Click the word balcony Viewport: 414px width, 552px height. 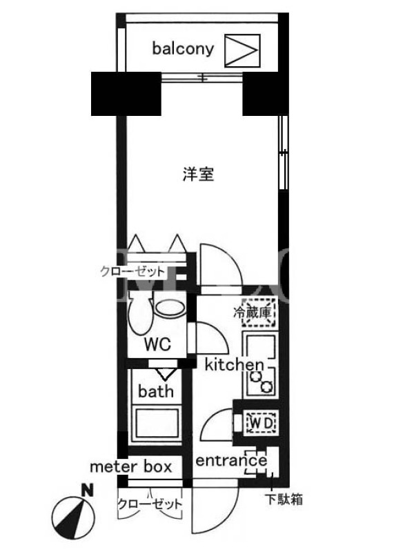point(183,48)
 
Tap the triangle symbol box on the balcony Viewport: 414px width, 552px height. point(242,50)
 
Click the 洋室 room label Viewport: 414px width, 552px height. point(199,174)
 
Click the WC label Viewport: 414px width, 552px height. point(157,344)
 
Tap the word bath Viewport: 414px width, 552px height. point(156,391)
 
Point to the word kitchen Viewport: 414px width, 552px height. point(234,364)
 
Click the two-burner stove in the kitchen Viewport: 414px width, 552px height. point(261,382)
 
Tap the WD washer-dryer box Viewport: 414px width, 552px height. point(262,423)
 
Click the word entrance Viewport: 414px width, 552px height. point(231,460)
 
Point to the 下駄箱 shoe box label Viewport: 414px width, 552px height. point(284,499)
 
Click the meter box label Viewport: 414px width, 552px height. point(131,467)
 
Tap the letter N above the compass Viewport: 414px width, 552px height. point(88,491)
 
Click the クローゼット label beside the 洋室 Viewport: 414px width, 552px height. point(132,272)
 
